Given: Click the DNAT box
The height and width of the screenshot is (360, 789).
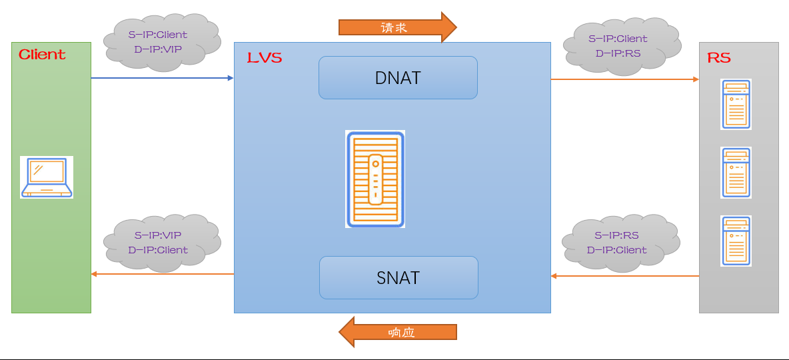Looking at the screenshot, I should pyautogui.click(x=398, y=77).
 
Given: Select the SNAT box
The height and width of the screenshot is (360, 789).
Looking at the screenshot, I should pyautogui.click(x=398, y=277).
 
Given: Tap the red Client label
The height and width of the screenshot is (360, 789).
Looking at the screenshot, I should pyautogui.click(x=42, y=55).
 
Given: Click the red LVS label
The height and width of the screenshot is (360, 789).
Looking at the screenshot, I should pyautogui.click(x=265, y=57).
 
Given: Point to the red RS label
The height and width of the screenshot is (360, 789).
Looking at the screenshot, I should pyautogui.click(x=718, y=58).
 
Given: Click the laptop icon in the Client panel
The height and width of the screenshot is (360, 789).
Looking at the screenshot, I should pyautogui.click(x=46, y=177).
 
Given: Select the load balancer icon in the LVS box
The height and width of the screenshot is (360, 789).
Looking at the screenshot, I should pyautogui.click(x=375, y=179).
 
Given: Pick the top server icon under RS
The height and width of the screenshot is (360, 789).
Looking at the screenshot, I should pyautogui.click(x=736, y=105).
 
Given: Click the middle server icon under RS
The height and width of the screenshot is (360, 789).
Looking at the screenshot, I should pyautogui.click(x=736, y=173).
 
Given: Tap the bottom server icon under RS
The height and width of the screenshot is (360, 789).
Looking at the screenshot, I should pyautogui.click(x=736, y=241).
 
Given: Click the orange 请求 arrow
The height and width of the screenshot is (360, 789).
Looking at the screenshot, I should pyautogui.click(x=397, y=27).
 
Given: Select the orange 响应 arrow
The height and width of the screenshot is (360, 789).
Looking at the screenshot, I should pyautogui.click(x=398, y=332).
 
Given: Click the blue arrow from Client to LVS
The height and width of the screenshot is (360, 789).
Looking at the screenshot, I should pyautogui.click(x=162, y=78).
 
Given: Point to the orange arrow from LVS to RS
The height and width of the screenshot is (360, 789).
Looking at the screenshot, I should pyautogui.click(x=624, y=79).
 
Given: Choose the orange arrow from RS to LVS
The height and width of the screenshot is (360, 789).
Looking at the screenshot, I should pyautogui.click(x=624, y=275).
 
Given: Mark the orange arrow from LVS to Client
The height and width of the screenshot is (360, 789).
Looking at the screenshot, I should pyautogui.click(x=162, y=274).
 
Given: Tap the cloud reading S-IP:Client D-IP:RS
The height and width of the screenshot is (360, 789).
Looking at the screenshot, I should pyautogui.click(x=618, y=45).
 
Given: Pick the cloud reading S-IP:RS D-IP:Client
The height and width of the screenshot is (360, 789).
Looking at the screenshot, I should pyautogui.click(x=616, y=243).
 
